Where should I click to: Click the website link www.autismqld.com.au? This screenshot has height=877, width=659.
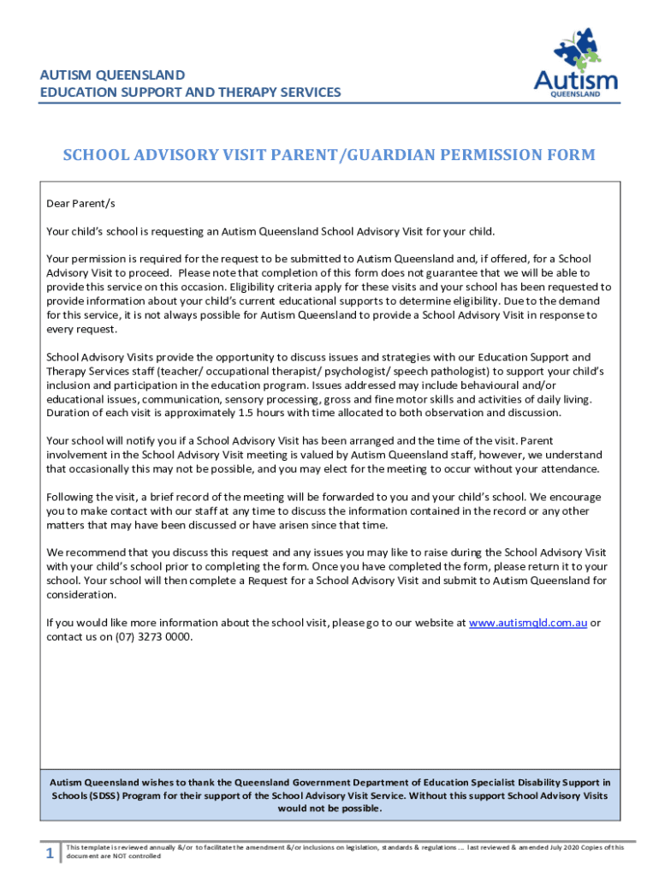click(528, 623)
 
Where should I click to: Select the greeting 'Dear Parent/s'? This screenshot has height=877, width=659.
click(80, 204)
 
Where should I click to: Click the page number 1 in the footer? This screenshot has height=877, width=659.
click(50, 853)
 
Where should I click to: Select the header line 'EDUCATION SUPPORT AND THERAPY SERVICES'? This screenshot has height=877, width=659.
click(190, 92)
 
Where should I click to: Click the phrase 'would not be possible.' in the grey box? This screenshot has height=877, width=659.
click(329, 808)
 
